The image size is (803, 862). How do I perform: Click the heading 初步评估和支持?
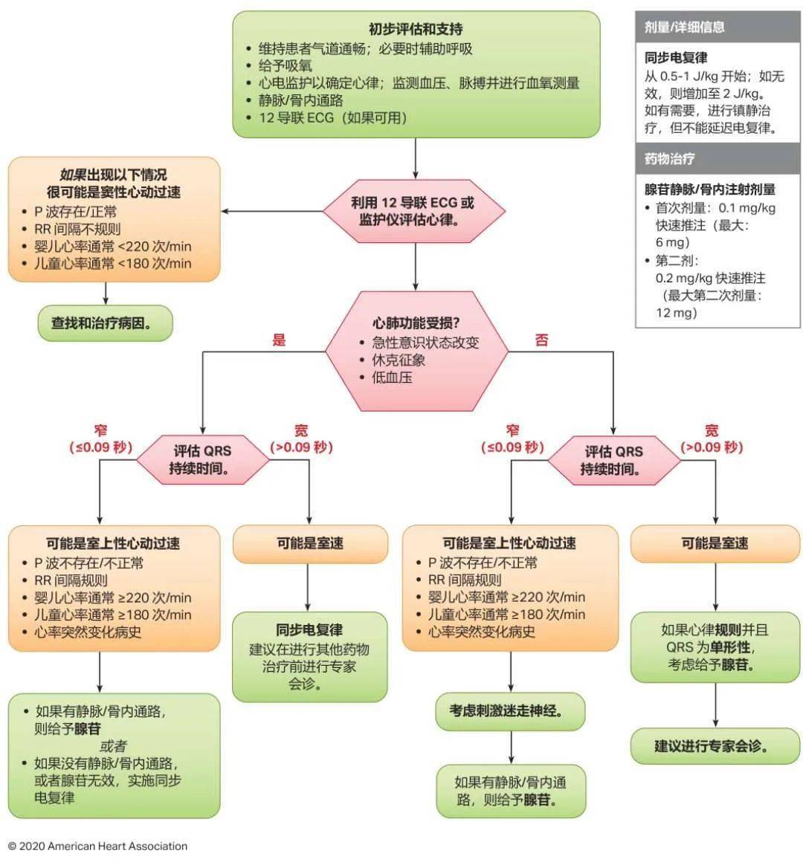click(416, 30)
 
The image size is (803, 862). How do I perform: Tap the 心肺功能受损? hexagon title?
click(416, 323)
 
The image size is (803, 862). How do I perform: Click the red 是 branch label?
click(279, 340)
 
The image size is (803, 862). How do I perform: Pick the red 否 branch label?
click(541, 340)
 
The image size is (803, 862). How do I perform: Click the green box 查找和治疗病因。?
click(105, 323)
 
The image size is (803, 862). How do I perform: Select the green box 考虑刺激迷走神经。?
click(510, 711)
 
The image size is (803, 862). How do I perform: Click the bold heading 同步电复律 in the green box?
click(309, 630)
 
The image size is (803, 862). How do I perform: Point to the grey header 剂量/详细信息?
click(685, 27)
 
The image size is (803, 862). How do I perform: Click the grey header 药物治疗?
click(670, 158)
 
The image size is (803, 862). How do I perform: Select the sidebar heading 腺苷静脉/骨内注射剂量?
click(710, 189)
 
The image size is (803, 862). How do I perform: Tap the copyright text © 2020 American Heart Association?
click(97, 846)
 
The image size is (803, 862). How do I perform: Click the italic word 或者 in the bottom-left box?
click(113, 745)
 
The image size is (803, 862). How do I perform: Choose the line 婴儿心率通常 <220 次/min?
click(112, 246)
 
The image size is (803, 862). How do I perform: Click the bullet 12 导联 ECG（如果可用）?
click(332, 117)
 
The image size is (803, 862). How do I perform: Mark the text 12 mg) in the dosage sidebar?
click(677, 313)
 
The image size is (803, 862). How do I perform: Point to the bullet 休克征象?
click(399, 360)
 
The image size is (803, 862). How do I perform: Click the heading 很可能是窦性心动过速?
click(114, 192)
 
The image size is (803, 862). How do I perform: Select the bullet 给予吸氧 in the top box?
click(285, 66)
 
